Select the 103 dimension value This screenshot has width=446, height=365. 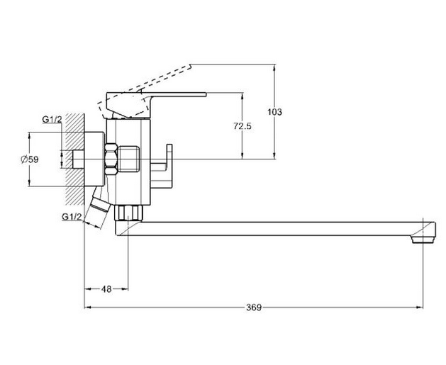(x=275, y=112)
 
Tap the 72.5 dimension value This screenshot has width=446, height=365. (x=242, y=125)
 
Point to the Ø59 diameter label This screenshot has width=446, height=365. (x=29, y=159)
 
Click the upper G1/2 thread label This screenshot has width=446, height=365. (x=51, y=120)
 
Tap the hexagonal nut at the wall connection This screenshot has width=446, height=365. (x=111, y=159)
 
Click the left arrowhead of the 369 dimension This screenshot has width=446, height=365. (x=87, y=308)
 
